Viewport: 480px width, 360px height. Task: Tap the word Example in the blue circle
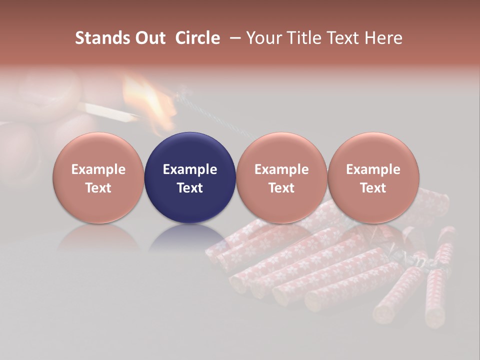coord(190,170)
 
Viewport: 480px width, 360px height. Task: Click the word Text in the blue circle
coord(190,188)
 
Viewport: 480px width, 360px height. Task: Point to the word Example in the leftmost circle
coord(98,170)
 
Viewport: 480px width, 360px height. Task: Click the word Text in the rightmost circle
coord(373,188)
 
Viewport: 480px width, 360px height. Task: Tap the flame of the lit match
coord(150,95)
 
